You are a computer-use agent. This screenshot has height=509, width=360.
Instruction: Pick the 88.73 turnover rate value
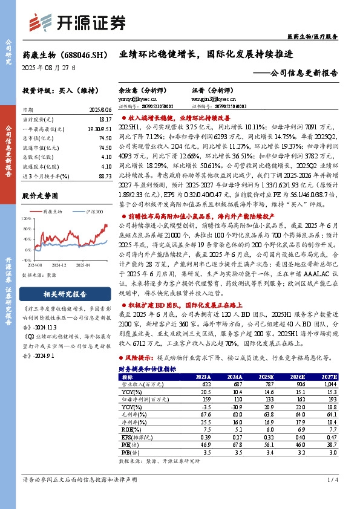click(104, 175)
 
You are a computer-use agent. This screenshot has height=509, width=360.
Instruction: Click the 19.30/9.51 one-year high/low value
click(100, 129)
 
